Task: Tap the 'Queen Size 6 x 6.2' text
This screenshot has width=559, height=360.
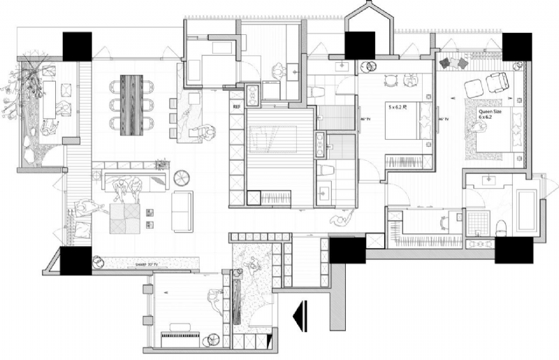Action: [x=489, y=113]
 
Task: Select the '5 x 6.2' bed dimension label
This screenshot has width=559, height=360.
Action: [x=398, y=108]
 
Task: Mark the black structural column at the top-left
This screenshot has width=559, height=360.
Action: [x=77, y=46]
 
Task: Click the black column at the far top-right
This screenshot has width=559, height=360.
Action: [x=518, y=47]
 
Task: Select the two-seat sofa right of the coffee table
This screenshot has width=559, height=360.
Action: [x=183, y=211]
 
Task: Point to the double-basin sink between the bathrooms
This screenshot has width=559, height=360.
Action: [x=320, y=144]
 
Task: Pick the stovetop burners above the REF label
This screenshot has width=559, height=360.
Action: [x=252, y=93]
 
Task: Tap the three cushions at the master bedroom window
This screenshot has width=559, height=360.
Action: [x=454, y=64]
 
